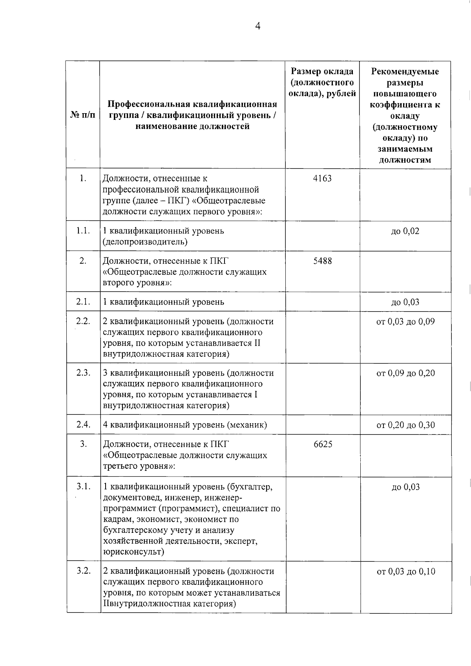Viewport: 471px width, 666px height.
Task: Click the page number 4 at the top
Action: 258,26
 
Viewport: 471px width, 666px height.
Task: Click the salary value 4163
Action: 322,178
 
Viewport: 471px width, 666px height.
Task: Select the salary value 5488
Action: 322,261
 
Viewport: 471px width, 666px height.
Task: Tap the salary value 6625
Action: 323,444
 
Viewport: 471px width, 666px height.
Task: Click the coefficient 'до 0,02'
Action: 405,231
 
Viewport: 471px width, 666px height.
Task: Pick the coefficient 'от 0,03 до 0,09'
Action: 405,322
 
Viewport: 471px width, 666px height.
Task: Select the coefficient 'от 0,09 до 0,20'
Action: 405,373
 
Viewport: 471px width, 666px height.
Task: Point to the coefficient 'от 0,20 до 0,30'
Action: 405,425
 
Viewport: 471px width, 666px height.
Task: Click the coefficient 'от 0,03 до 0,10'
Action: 406,571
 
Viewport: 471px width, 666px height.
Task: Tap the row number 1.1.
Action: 83,231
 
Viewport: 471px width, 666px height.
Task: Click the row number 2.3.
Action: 83,372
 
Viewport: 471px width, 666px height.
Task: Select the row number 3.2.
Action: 84,571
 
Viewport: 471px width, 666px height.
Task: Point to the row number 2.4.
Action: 83,424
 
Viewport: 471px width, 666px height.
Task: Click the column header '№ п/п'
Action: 83,115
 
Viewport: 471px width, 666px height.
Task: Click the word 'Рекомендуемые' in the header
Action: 405,72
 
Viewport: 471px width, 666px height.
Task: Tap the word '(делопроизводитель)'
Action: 145,242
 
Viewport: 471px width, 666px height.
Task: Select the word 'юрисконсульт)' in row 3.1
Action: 133,552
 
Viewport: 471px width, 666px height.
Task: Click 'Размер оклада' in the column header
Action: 322,71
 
